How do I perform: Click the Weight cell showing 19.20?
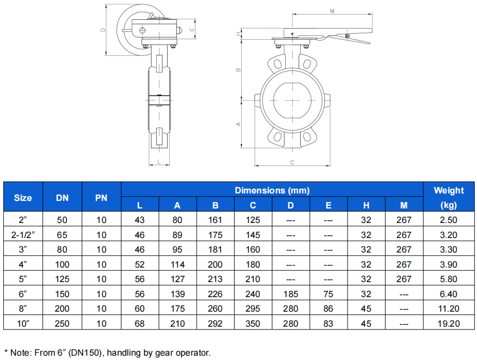coord(449,323)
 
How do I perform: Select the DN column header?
coord(62,198)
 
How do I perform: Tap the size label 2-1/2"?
coord(23,235)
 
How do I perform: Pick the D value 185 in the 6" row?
coord(291,294)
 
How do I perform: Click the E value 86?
coord(328,308)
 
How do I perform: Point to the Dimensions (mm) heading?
coord(272,190)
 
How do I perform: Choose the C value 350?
coord(253,323)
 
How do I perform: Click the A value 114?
coord(177,264)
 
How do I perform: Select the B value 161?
coord(215,220)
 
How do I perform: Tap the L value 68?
coord(140,323)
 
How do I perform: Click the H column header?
coord(366,205)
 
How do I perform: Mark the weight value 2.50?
coord(449,220)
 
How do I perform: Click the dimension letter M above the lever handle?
coord(332,11)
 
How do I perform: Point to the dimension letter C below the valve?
coord(292,162)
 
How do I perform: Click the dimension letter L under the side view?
coord(159,162)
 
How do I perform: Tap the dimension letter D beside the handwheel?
coord(103,30)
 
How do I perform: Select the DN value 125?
coord(62,279)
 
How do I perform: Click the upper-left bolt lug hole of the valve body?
coord(277,63)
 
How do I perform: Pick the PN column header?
coord(102,198)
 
